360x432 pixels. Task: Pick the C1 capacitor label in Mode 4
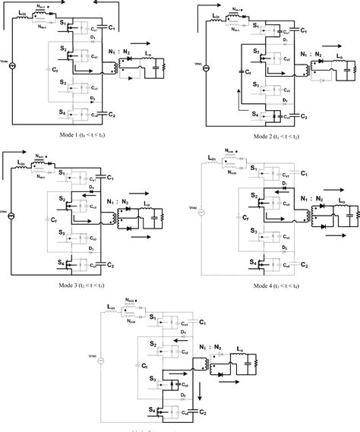tap(305, 173)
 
